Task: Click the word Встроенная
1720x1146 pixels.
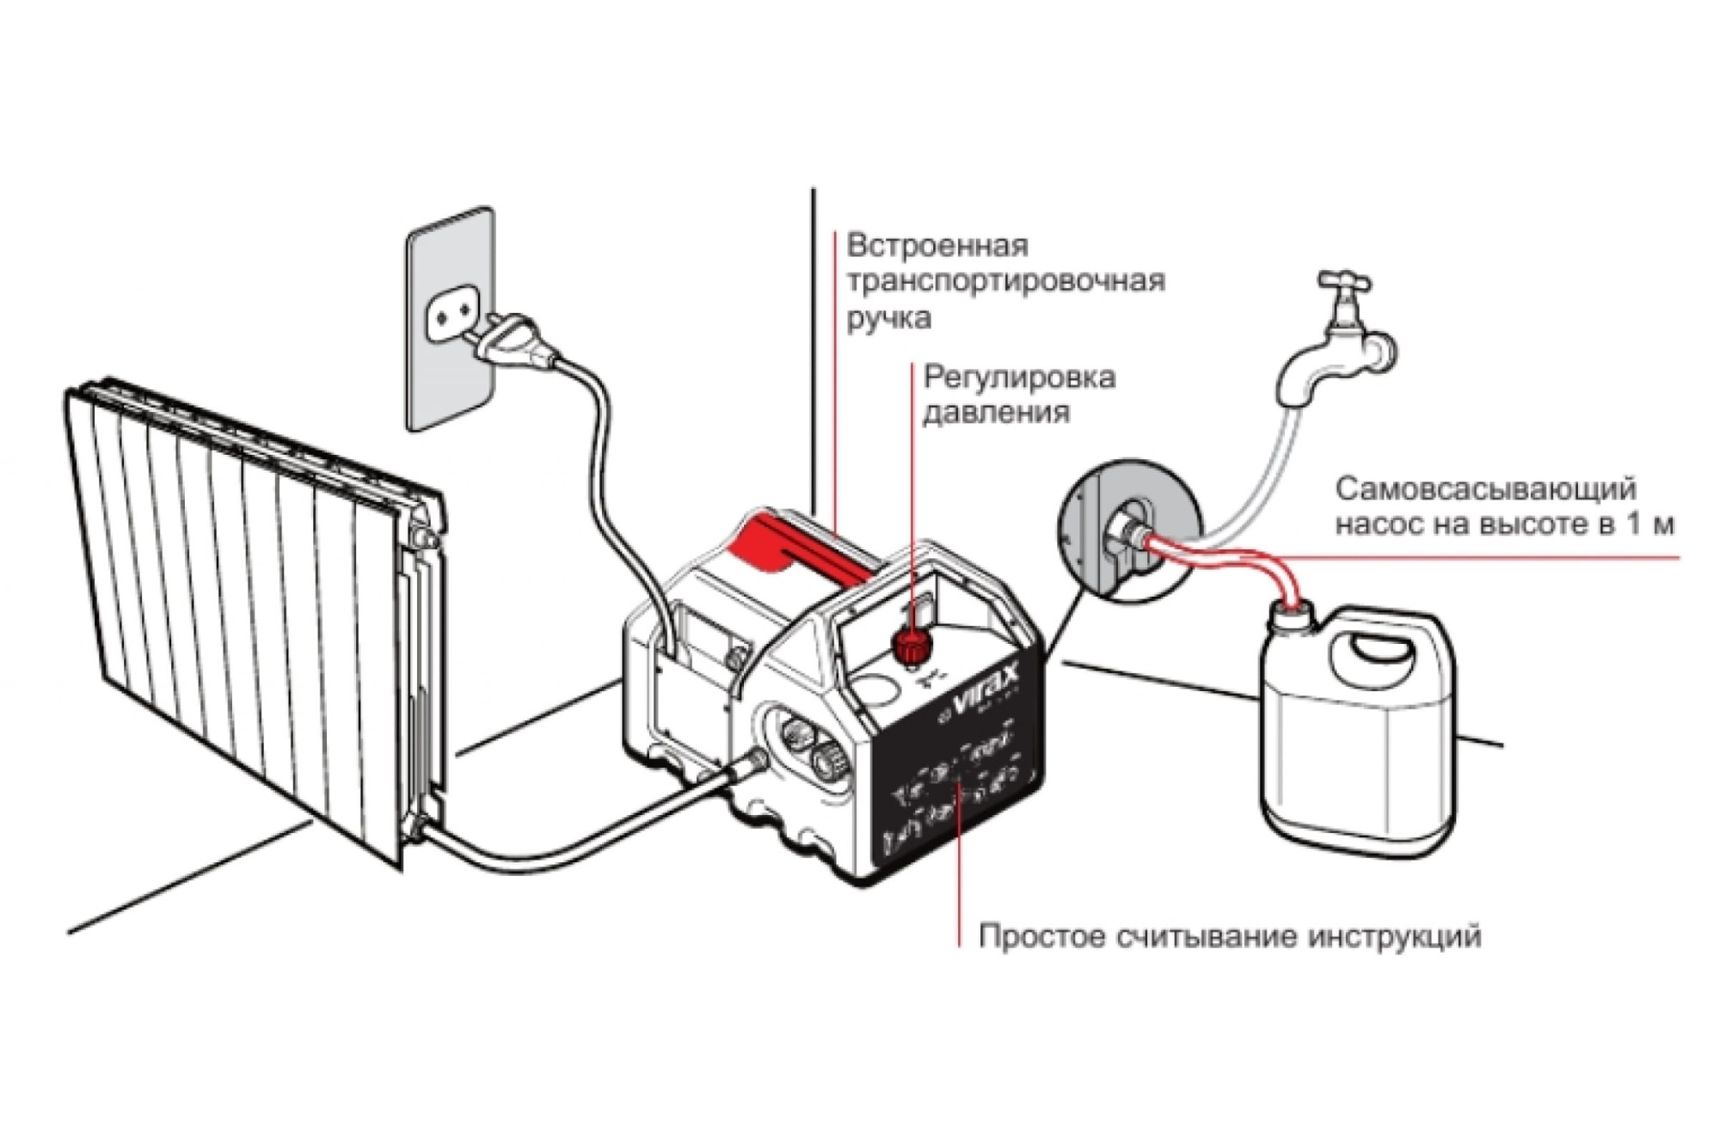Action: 937,246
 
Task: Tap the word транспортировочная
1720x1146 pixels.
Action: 1006,282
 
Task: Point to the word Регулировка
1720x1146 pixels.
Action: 1019,377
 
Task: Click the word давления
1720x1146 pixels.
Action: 996,414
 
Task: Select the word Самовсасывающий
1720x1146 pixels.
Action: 1486,489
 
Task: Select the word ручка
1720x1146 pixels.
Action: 889,319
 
